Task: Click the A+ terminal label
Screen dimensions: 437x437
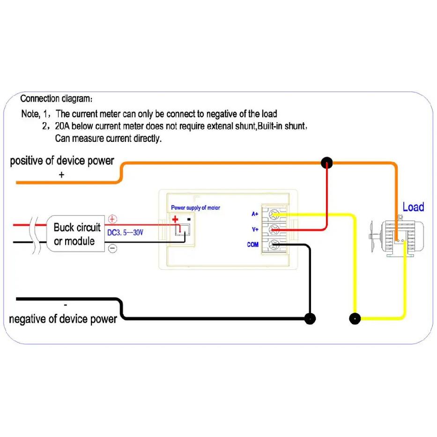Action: point(255,214)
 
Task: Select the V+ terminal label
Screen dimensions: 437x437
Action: point(255,230)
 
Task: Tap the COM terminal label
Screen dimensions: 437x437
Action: point(253,244)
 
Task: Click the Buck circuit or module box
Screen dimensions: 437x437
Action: point(75,234)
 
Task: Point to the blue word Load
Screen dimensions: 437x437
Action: point(413,207)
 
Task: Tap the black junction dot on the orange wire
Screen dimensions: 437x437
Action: point(326,163)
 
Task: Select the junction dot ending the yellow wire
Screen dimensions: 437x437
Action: point(355,318)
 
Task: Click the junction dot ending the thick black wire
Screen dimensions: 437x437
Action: point(310,318)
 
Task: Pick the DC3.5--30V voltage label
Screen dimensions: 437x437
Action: point(125,232)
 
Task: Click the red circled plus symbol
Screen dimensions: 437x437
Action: point(112,219)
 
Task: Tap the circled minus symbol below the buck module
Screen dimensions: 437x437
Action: point(112,248)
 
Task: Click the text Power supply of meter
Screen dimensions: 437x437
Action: point(195,207)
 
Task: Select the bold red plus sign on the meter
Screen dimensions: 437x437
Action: point(175,219)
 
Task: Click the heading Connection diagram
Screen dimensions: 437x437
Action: point(56,99)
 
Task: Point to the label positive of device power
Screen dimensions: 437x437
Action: point(62,161)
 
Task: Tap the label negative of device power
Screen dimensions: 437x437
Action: point(63,319)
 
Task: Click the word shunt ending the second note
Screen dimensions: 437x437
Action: point(295,126)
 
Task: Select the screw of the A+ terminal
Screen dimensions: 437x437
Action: point(274,215)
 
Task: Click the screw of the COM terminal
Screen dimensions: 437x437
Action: point(274,244)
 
